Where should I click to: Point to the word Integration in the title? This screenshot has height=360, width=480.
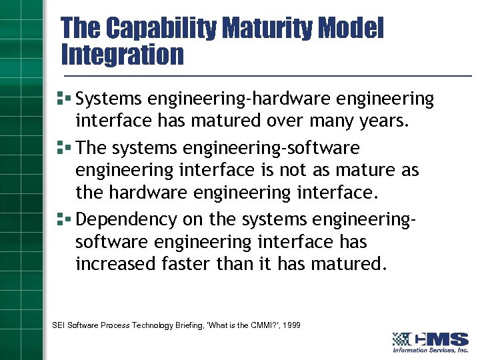pos(122,55)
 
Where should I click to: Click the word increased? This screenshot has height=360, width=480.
pos(116,263)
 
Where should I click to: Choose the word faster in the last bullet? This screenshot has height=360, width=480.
pos(187,263)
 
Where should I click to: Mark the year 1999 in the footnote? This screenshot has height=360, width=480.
pos(291,325)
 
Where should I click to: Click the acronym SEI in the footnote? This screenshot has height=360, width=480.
pos(59,325)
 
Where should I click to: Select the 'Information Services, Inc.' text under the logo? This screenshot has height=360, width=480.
pos(431,350)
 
